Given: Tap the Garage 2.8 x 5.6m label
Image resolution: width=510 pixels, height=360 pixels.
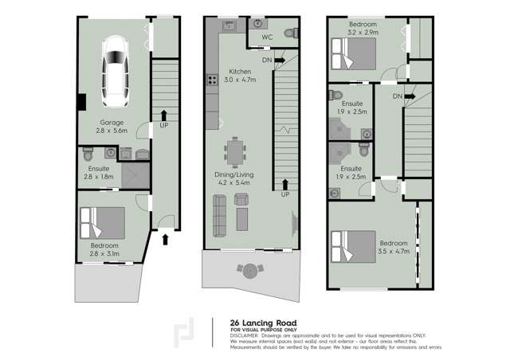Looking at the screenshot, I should click(x=100, y=127).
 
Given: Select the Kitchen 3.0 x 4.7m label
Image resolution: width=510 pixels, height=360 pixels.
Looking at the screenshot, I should click(x=240, y=76).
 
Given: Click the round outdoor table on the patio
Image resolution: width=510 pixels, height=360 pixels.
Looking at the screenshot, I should click(x=250, y=271).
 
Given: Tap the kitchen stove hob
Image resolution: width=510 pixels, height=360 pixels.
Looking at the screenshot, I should click(x=213, y=79).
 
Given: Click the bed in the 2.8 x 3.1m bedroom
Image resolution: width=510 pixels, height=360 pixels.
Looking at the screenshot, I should click(x=102, y=224).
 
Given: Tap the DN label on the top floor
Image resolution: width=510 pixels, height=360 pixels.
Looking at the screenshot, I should click(x=397, y=96).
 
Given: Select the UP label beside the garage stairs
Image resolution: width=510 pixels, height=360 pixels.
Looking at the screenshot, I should click(x=163, y=125).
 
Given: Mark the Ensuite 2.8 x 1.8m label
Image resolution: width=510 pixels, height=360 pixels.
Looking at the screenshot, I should click(x=100, y=173).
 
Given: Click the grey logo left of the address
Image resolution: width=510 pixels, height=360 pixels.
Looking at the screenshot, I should click(x=188, y=331).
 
